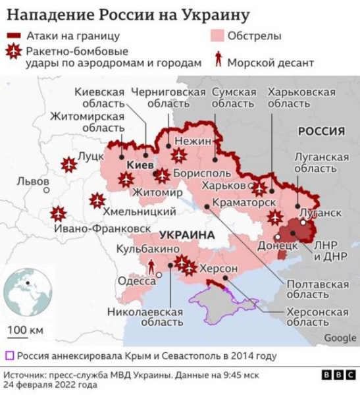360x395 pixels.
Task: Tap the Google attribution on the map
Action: pyautogui.click(x=340, y=338)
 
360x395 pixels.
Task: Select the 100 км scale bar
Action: pyautogui.click(x=25, y=329)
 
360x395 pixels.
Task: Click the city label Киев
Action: pyautogui.click(x=140, y=165)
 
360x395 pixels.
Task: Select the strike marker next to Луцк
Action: pyautogui.click(x=68, y=165)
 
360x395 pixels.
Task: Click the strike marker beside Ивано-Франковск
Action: pyautogui.click(x=58, y=214)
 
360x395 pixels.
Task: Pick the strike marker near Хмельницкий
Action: pyautogui.click(x=97, y=200)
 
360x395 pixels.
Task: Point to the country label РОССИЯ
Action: pyautogui.click(x=321, y=131)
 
